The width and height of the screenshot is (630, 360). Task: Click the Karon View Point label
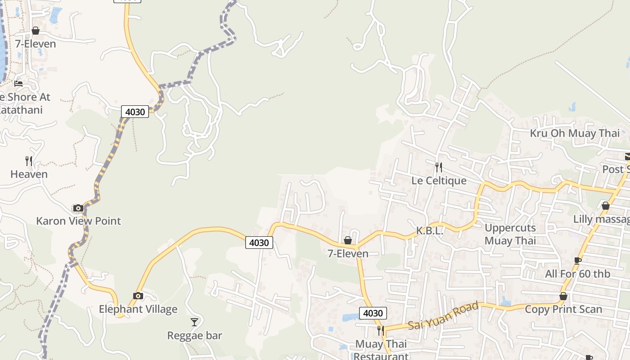pos(78,221)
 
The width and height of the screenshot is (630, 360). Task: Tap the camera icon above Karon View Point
pos(78,208)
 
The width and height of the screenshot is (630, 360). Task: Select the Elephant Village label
pos(138,309)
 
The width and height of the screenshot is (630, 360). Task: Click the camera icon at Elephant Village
pos(138,296)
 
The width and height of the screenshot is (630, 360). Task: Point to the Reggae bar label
pos(194,335)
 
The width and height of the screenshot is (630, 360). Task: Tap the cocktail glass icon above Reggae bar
pos(194,322)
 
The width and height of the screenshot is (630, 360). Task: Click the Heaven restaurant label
pos(29,174)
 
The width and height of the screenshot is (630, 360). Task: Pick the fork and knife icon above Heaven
pos(29,161)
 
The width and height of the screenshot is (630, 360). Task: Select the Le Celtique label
pos(439,180)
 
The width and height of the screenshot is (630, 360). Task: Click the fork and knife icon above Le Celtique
pos(439,167)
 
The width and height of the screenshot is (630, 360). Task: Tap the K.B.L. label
pos(430,231)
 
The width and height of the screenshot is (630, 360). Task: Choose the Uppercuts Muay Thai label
pos(510,234)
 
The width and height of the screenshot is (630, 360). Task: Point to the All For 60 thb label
pos(577,274)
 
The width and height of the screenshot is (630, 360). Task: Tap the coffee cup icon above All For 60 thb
pos(578,261)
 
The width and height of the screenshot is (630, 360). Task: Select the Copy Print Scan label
pos(563,309)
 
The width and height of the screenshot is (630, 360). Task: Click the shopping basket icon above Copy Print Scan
pos(563,296)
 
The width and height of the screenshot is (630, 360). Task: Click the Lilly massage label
pos(601,219)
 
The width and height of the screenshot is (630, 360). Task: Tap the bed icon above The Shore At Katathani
pos(18,83)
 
